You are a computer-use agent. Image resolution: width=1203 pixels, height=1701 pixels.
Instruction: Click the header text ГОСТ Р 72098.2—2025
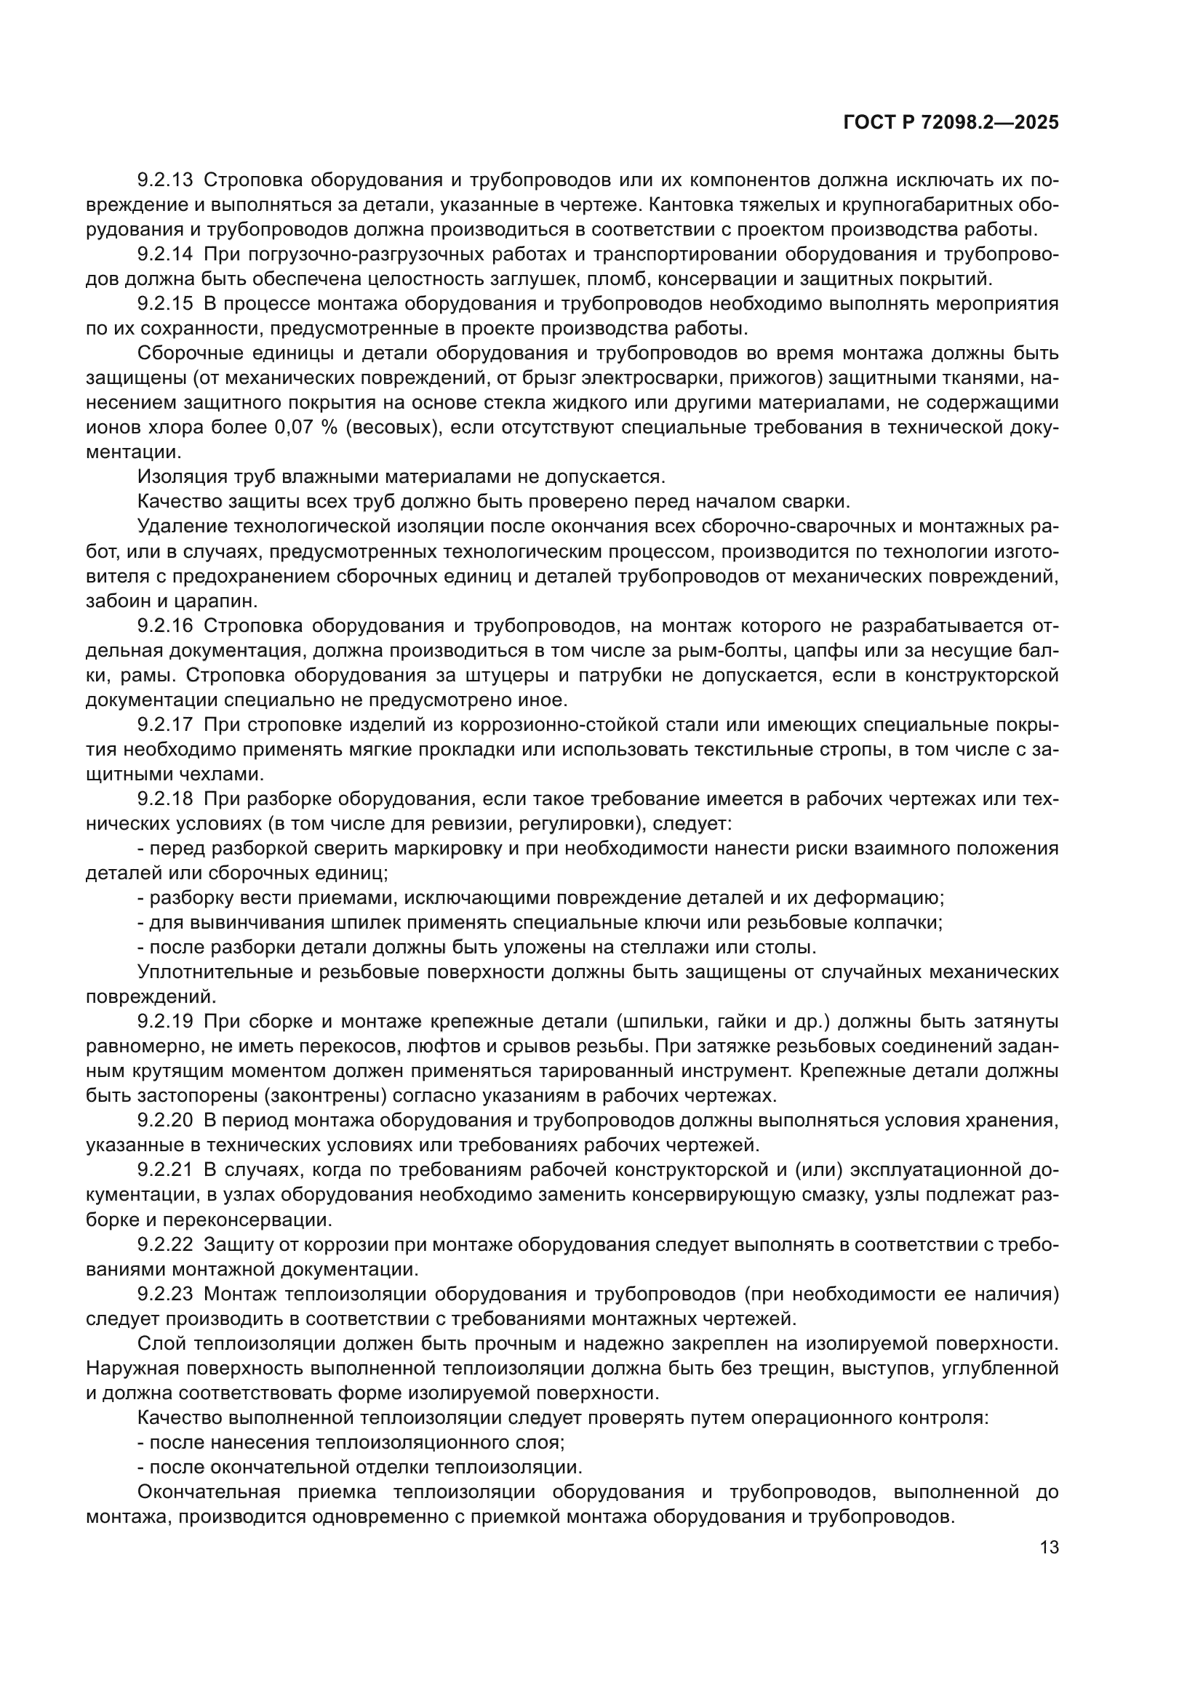coord(951,123)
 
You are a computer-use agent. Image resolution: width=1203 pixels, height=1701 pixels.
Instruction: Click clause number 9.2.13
coord(164,180)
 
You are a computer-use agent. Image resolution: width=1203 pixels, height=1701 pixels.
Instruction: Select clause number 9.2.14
coord(164,254)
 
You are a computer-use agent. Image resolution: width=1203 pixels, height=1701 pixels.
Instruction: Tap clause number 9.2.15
coord(164,304)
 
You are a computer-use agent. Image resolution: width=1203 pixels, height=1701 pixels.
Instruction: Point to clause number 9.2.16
coord(164,626)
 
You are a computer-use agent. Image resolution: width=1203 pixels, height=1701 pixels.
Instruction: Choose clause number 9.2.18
coord(164,799)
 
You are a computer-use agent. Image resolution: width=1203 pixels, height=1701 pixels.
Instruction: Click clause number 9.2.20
coord(164,1121)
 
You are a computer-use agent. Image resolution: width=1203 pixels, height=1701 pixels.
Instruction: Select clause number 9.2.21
coord(164,1171)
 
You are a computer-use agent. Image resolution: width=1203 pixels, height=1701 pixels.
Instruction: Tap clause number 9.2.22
coord(164,1244)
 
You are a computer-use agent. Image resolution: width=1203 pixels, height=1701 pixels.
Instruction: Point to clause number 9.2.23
coord(164,1294)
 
